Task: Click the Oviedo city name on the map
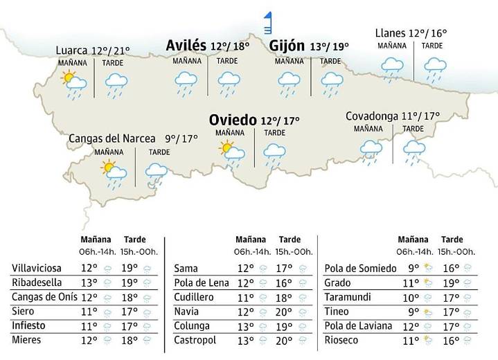[233, 120]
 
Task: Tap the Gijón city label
[287, 46]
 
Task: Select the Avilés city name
[186, 46]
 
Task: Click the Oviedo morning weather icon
[231, 153]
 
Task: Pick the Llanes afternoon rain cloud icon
[434, 68]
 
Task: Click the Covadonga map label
[372, 116]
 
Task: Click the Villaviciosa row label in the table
[37, 268]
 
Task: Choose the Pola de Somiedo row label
[360, 268]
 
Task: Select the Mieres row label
[26, 340]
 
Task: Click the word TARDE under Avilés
[226, 61]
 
